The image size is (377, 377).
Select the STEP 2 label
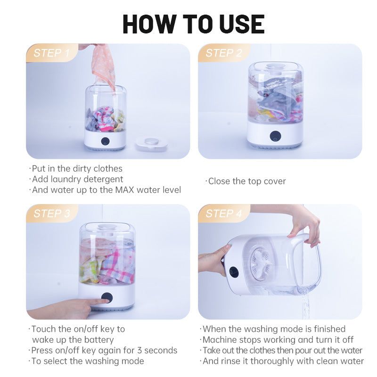[x=223, y=53]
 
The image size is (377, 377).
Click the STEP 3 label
[x=51, y=213]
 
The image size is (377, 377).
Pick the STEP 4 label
[x=224, y=213]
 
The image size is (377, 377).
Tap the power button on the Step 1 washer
[x=105, y=141]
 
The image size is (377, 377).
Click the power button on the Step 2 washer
[x=275, y=137]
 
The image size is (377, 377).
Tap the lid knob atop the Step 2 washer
[x=275, y=66]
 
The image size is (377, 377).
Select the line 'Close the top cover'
[x=246, y=181]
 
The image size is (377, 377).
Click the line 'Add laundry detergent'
[x=77, y=179]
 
